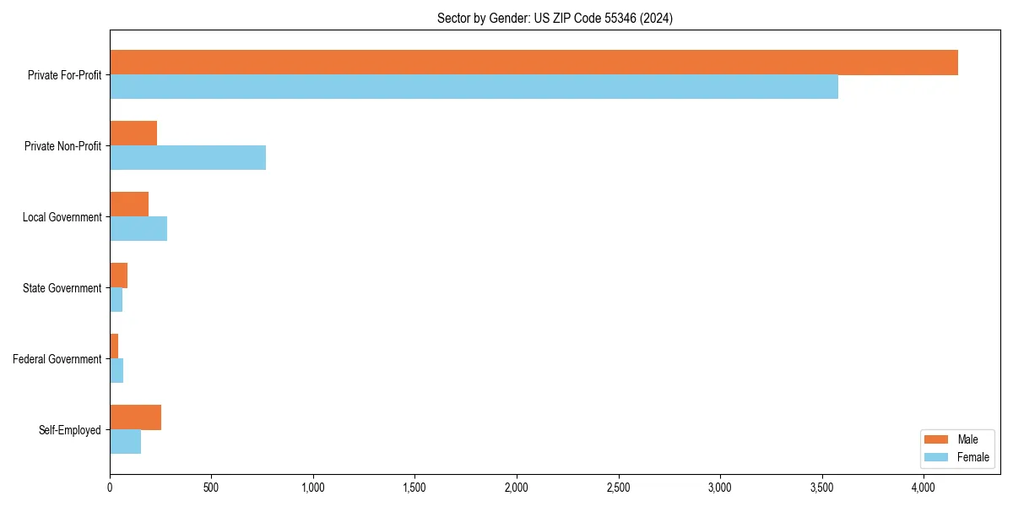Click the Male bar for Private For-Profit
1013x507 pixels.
pos(534,63)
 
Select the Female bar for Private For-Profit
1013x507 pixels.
pos(474,86)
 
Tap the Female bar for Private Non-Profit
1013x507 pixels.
pos(187,157)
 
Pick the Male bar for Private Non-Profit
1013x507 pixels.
pos(133,134)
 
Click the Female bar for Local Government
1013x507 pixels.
pos(138,228)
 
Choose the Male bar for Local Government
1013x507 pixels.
pos(129,204)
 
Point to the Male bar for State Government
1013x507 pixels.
pos(118,275)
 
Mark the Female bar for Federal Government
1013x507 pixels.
pos(116,370)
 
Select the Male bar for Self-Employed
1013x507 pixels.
pos(135,417)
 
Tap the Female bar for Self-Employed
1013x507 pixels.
pos(125,441)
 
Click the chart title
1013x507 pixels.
pos(555,18)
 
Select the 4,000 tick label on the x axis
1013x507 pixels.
pos(924,488)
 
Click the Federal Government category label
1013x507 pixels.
pos(57,359)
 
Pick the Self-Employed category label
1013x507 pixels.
pos(70,430)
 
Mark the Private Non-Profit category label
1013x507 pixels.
pos(62,146)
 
